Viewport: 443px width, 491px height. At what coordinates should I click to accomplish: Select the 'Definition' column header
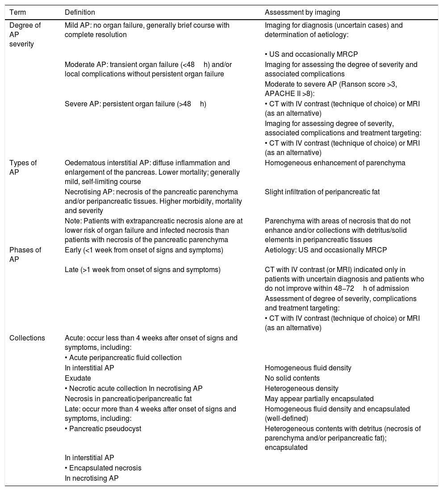click(x=79, y=13)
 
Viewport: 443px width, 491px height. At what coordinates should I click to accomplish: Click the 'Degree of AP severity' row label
click(x=25, y=35)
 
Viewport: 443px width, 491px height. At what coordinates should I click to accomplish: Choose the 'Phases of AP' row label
click(x=25, y=255)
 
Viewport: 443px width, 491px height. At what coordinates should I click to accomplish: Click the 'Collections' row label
click(x=27, y=338)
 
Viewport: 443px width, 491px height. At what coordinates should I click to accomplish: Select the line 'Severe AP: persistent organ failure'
click(x=135, y=104)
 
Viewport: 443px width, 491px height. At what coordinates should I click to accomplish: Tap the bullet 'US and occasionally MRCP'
click(x=305, y=55)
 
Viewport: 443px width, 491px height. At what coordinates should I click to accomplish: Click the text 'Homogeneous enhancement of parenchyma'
click(x=335, y=163)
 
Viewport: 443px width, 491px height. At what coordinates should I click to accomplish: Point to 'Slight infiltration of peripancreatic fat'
click(x=322, y=192)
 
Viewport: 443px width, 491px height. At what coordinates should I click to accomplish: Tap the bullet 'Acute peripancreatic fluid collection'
click(x=123, y=357)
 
